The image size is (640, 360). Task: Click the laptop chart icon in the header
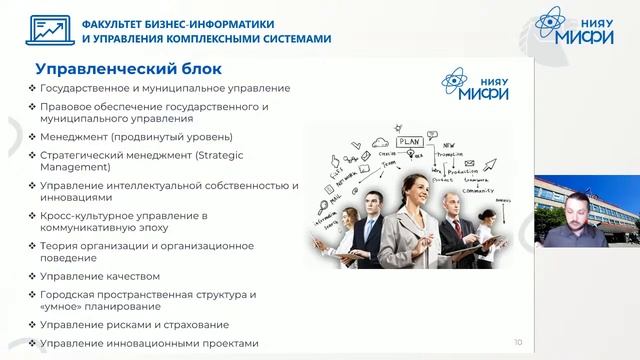42,30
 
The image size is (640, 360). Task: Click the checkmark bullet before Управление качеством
33,276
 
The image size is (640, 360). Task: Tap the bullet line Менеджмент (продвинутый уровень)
136,136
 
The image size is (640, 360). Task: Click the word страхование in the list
194,325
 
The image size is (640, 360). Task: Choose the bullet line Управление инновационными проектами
149,343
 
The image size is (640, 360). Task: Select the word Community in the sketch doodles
478,189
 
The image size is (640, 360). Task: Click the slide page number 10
517,342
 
